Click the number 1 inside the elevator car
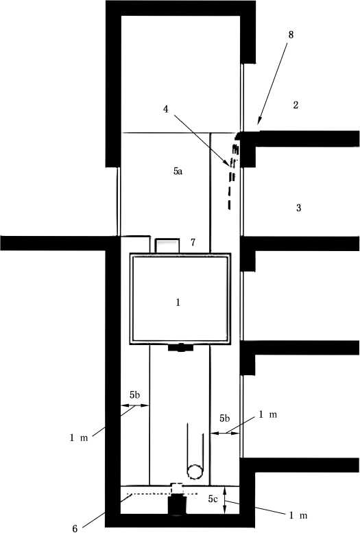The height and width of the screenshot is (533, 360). click(x=178, y=303)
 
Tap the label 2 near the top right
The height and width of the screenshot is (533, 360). click(x=296, y=105)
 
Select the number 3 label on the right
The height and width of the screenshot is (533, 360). click(x=298, y=208)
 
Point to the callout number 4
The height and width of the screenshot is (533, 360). click(x=165, y=110)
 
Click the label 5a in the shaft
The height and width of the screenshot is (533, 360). click(x=178, y=171)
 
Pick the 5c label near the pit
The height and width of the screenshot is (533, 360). click(x=213, y=499)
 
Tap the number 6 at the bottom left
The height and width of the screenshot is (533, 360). click(x=75, y=528)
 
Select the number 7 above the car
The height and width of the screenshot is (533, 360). click(x=193, y=242)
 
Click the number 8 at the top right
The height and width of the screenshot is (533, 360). click(x=291, y=35)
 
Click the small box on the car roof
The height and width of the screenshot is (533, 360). click(x=167, y=246)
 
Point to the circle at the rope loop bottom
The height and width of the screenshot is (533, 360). click(x=195, y=472)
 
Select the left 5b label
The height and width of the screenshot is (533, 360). click(x=134, y=395)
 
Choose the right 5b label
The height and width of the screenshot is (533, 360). click(x=224, y=418)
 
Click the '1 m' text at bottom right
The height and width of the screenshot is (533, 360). click(x=298, y=515)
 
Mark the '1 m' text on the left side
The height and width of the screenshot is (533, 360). click(x=79, y=438)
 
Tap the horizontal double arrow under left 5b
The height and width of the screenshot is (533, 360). click(x=135, y=405)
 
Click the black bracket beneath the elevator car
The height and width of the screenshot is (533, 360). click(x=180, y=348)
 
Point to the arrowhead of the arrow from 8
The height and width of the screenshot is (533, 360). click(x=259, y=121)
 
